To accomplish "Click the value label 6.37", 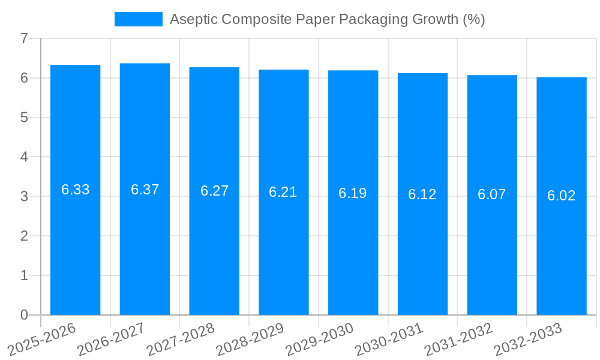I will coord(145,190).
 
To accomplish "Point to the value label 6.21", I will coord(283,192).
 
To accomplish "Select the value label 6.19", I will coord(353,193).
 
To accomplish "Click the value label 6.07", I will coord(492,194).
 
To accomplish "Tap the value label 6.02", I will coord(562,196).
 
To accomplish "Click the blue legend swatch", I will coord(139,19).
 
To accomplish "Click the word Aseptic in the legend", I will coord(193,19).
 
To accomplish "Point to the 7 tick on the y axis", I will coord(24,39).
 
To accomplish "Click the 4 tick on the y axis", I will coord(24,157).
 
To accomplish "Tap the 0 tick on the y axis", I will coord(24,315).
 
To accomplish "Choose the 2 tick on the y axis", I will coord(24,236).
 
